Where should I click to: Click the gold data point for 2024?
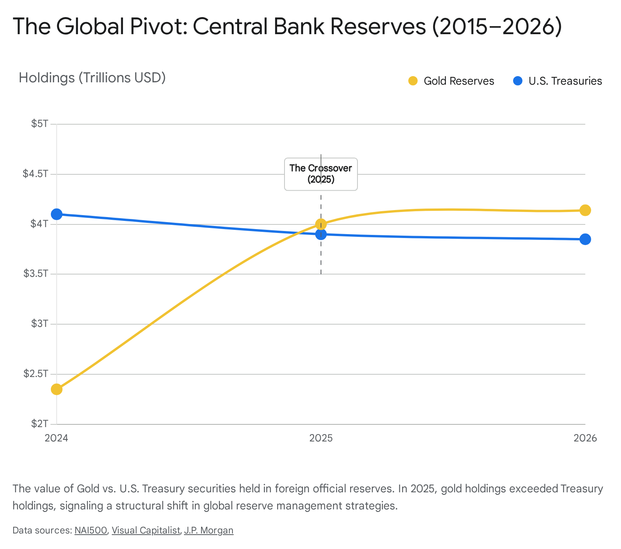tap(57, 389)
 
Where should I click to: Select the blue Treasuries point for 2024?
tap(57, 214)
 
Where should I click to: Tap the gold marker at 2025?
tap(321, 224)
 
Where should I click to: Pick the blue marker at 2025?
tap(321, 235)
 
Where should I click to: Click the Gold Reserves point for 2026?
tap(585, 210)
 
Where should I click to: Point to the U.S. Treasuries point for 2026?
tap(585, 239)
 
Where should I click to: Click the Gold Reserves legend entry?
tap(452, 81)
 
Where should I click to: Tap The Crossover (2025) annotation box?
tap(321, 174)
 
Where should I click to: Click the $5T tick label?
tap(40, 124)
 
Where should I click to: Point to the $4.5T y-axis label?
tap(36, 174)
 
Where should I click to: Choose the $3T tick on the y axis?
tap(40, 324)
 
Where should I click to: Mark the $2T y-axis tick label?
tap(40, 424)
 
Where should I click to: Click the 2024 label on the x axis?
tap(57, 438)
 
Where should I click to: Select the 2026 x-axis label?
tap(585, 438)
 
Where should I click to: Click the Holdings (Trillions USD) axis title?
tap(92, 78)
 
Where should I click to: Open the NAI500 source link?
tap(91, 530)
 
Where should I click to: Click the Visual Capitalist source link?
tap(146, 530)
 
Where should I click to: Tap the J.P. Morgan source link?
tap(209, 530)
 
